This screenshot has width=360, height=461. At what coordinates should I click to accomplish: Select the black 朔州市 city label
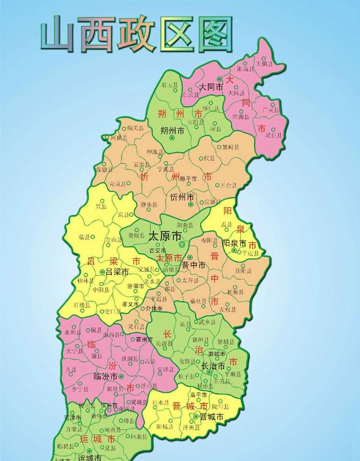173,131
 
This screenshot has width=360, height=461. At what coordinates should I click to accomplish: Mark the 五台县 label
228,184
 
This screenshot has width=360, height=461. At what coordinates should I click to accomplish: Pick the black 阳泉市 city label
234,244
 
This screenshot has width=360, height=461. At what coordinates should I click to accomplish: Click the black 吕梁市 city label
117,272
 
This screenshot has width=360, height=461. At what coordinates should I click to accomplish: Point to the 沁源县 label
165,343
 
